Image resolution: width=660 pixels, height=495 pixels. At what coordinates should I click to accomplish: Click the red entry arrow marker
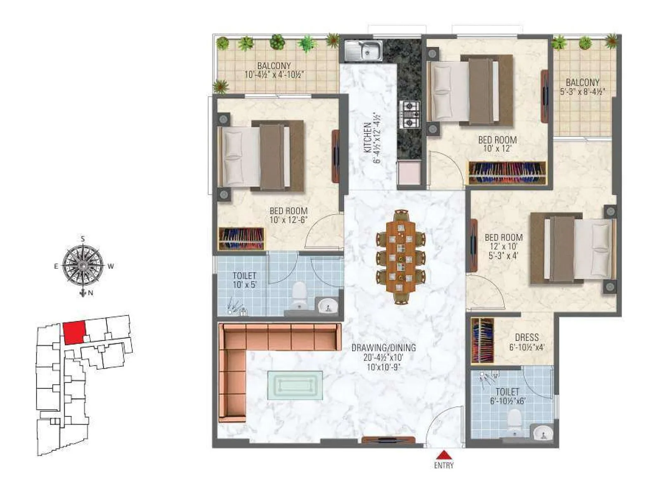(x=443, y=455)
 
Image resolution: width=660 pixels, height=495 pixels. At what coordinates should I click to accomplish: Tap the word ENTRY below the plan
(x=443, y=466)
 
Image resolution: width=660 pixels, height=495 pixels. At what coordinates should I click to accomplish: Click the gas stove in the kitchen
(x=410, y=114)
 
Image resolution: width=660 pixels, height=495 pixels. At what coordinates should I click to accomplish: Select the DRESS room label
(x=527, y=337)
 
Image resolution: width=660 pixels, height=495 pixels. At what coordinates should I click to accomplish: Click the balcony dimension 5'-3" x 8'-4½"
(x=582, y=92)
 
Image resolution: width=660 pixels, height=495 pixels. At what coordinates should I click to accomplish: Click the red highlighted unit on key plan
(x=75, y=333)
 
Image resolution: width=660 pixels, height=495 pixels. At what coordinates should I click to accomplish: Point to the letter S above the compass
(x=83, y=239)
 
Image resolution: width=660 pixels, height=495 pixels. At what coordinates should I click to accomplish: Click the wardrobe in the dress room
(x=482, y=341)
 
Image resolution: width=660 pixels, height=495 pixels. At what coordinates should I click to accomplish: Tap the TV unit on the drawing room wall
(x=388, y=440)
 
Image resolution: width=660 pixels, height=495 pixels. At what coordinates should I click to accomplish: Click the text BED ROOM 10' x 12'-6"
(x=288, y=215)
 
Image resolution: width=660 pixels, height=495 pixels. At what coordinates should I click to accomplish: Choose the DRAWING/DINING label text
(x=383, y=348)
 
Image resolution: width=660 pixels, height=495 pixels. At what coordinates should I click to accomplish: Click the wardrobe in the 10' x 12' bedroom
(x=507, y=173)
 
